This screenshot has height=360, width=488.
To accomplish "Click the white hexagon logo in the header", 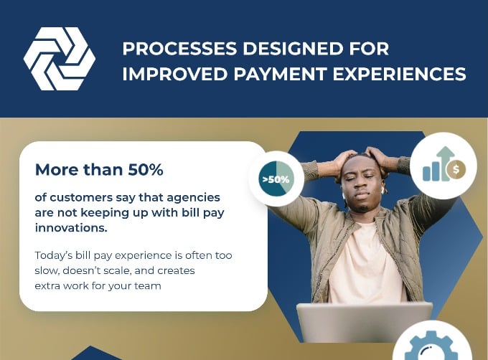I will (59, 59).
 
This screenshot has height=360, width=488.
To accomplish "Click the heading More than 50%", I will (99, 170).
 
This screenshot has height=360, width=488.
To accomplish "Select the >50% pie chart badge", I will (276, 179).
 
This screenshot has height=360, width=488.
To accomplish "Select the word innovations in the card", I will (71, 227).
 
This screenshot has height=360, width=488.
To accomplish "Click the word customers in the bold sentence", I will (80, 197).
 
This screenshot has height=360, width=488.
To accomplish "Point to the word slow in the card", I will (47, 270).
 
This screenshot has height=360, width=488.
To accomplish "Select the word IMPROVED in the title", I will (167, 74).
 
